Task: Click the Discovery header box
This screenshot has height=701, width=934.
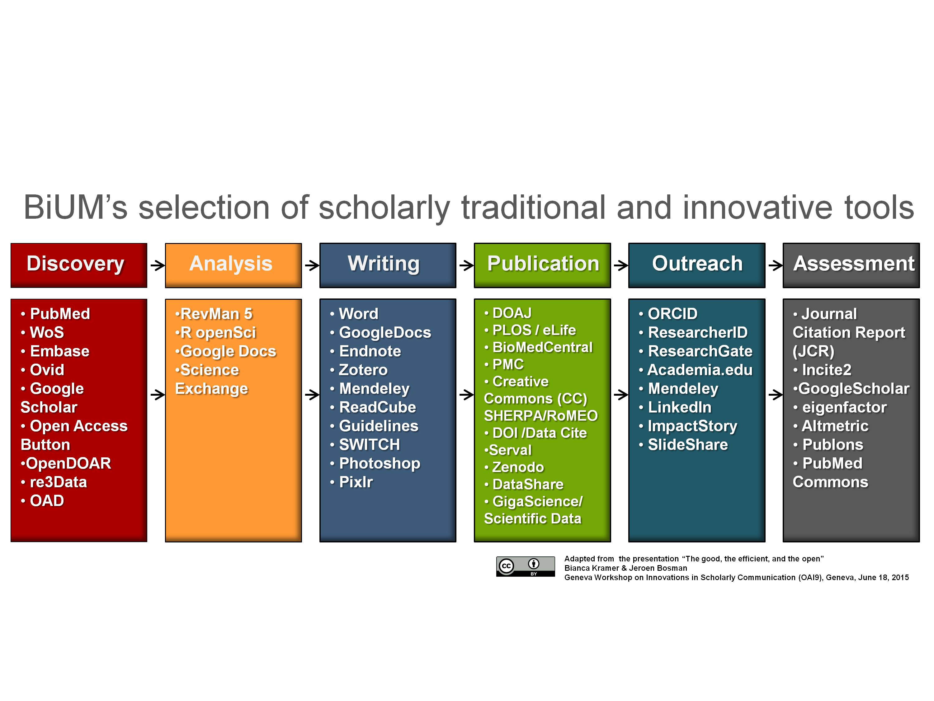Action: point(79,265)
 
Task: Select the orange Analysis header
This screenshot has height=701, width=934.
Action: point(233,265)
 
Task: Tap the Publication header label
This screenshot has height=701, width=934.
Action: point(543,264)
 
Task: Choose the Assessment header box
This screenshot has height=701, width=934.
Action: point(851,265)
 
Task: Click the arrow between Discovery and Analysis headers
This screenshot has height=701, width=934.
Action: point(158,265)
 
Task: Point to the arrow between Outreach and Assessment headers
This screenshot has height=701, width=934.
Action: point(776,265)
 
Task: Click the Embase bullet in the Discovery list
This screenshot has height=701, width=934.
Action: point(55,351)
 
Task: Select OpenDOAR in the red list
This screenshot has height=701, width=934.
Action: point(66,463)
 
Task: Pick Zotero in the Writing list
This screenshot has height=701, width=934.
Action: point(358,370)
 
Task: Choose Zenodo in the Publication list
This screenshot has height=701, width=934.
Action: point(514,467)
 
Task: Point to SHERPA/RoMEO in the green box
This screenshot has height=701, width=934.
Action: point(541,416)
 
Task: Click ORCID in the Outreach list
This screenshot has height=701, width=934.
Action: point(668,314)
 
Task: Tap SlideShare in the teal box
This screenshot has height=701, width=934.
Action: point(683,445)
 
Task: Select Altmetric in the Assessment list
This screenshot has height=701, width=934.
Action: point(831,426)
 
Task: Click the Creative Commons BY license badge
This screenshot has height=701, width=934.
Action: point(525,566)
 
